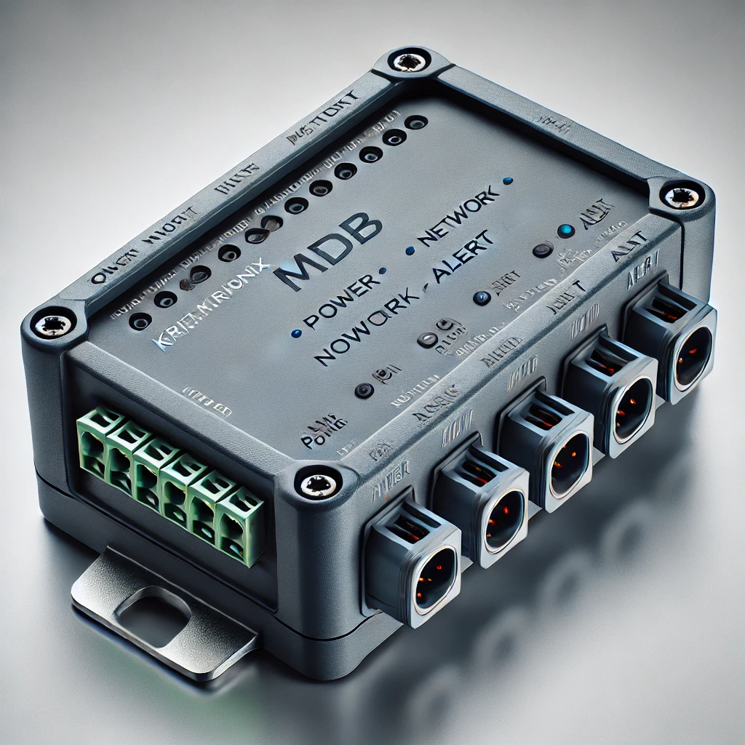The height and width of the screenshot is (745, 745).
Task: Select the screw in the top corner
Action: point(409,62)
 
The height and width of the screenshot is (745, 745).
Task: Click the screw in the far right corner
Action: point(681,195)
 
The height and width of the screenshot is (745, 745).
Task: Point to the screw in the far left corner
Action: point(52,325)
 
